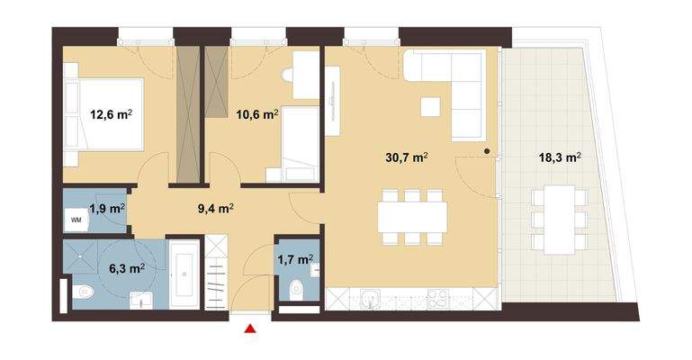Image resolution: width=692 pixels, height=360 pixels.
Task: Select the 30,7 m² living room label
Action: (x=407, y=157)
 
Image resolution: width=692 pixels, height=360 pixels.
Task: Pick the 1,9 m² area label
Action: (x=106, y=208)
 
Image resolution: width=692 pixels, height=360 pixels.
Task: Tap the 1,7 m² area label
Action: (x=296, y=260)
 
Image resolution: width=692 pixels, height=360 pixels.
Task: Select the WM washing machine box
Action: (x=76, y=220)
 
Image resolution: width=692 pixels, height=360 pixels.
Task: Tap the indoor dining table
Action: (x=413, y=215)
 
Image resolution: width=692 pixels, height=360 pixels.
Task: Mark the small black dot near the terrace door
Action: (x=486, y=151)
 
